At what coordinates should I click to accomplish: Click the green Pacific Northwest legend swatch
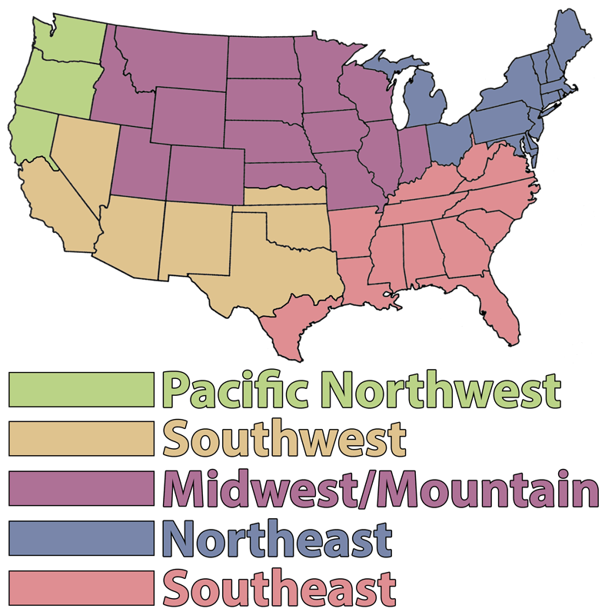(x=81, y=390)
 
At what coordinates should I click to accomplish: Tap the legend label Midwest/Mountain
(x=381, y=489)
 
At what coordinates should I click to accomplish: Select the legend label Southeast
(x=281, y=588)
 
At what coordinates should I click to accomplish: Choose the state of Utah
(x=138, y=158)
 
